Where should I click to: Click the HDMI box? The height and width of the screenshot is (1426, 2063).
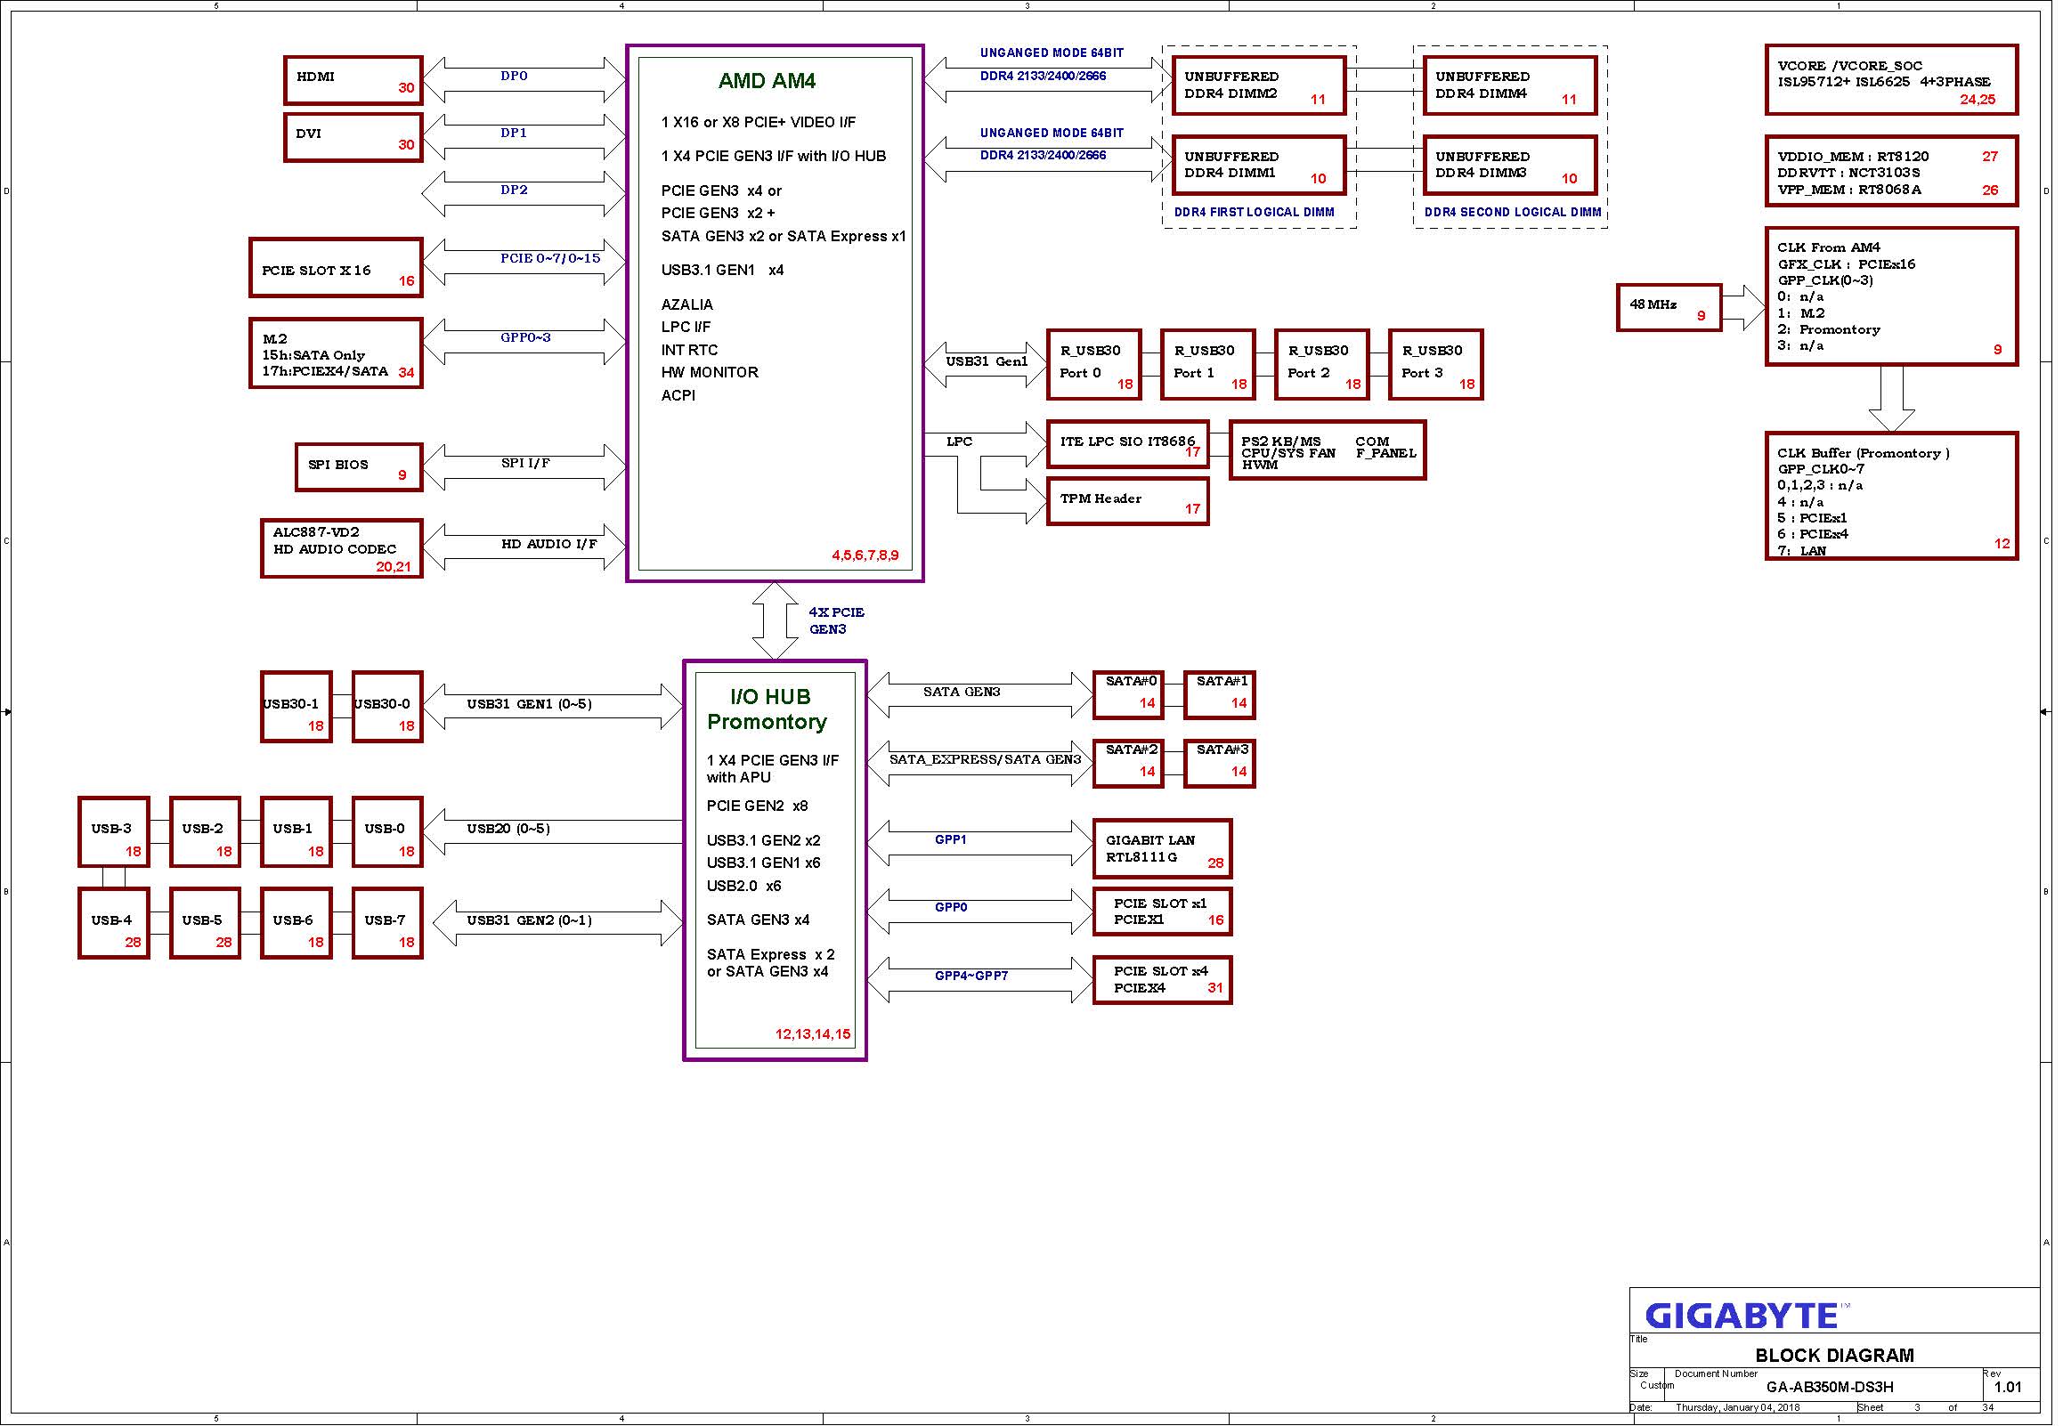(x=353, y=80)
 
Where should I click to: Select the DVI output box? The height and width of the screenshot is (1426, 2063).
(x=353, y=137)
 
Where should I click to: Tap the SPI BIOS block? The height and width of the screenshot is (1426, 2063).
(x=359, y=466)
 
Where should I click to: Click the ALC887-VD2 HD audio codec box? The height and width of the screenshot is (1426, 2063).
(x=342, y=548)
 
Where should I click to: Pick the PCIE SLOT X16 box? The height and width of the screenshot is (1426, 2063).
(x=336, y=268)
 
